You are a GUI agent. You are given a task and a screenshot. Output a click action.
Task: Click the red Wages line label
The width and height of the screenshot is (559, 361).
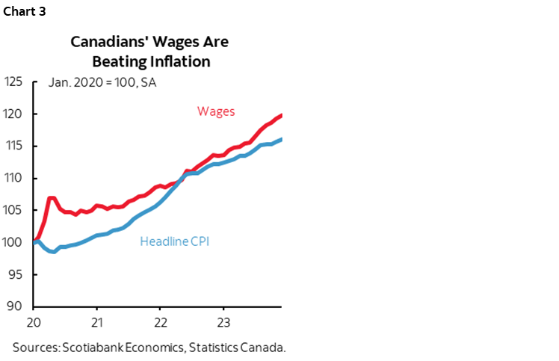216,111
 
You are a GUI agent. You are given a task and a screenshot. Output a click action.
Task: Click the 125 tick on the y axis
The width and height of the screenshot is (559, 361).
15,81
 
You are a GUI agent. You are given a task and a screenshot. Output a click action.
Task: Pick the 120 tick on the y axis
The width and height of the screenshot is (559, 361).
15,114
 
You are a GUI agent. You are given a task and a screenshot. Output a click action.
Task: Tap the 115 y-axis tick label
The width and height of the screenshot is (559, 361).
15,146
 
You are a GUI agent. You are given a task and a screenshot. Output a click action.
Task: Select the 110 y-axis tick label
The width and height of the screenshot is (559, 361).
15,178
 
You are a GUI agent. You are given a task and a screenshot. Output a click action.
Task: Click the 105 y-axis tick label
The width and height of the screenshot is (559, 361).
15,210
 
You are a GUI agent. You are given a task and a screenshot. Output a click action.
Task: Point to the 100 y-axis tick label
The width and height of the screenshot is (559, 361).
15,242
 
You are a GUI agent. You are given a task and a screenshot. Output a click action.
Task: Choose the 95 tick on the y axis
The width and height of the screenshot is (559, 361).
18,274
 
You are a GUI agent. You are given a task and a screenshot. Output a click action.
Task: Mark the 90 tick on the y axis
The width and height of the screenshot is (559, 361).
18,306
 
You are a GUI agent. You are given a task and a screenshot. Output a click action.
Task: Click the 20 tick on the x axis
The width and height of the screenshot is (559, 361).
34,324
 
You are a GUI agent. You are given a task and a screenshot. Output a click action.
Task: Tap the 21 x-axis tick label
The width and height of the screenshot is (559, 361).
96,324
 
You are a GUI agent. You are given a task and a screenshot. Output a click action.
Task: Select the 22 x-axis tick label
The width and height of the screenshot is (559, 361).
159,324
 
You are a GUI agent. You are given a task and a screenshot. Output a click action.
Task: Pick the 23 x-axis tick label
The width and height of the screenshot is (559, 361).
222,324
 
